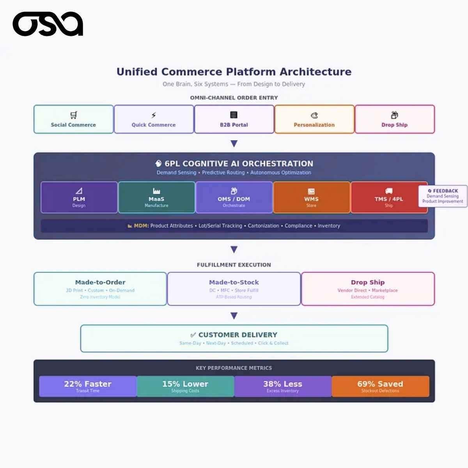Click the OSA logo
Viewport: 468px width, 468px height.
tap(48, 24)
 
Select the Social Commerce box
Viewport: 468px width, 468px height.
tap(73, 119)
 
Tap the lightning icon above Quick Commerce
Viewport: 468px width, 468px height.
tap(154, 115)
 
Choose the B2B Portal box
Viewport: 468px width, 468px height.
tap(234, 119)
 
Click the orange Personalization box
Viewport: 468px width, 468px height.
tap(314, 119)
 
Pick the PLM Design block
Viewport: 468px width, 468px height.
tap(79, 197)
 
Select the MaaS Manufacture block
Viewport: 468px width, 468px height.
tap(156, 197)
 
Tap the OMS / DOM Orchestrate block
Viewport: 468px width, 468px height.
tap(234, 197)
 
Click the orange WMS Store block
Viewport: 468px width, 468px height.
tap(311, 197)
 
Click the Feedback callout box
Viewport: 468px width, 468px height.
tap(443, 196)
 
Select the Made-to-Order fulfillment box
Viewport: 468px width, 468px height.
tap(100, 289)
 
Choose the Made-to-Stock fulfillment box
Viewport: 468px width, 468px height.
tap(234, 289)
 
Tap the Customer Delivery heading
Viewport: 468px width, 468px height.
tap(238, 335)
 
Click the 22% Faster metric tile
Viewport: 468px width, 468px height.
tap(88, 386)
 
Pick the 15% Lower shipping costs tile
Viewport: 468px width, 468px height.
tap(185, 386)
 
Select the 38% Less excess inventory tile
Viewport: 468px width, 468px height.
tap(283, 386)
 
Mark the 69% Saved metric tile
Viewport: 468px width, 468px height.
tap(380, 386)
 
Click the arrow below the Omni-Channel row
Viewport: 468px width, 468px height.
tap(234, 144)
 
